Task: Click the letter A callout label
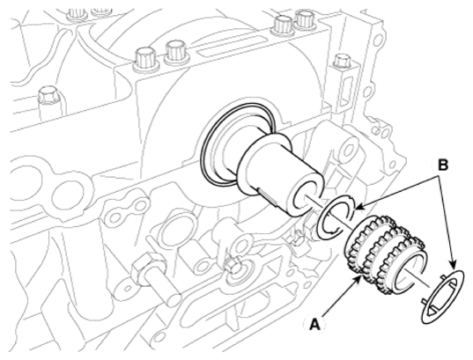pos(314,325)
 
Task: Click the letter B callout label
pos(443,165)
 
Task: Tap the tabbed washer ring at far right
pos(442,296)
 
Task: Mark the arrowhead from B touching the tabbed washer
pos(454,266)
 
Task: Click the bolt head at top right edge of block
pos(342,61)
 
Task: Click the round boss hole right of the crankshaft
pos(348,150)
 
